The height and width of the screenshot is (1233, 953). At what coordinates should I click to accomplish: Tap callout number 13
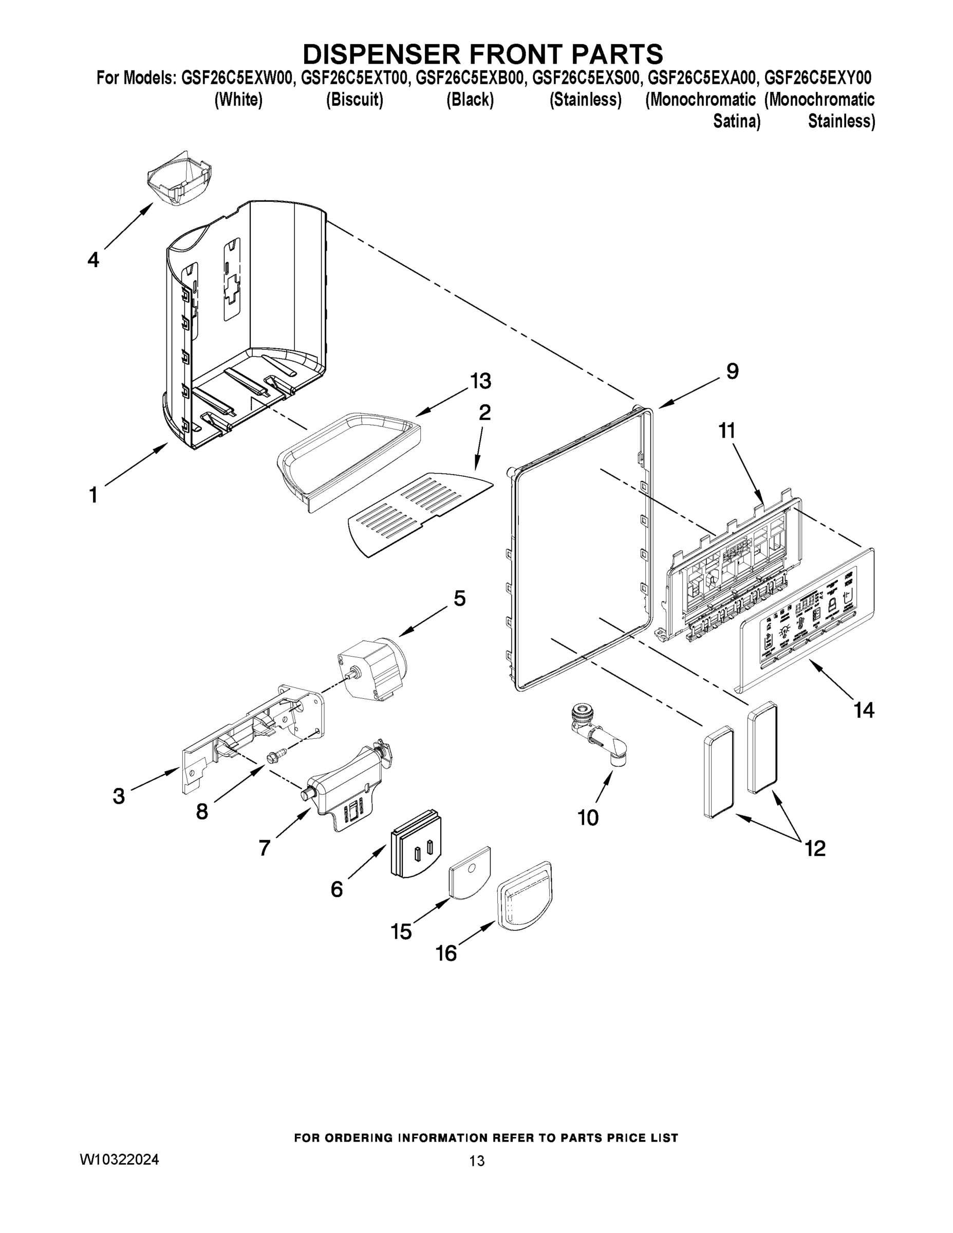pyautogui.click(x=480, y=381)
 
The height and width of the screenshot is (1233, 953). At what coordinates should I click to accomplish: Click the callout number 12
pyautogui.click(x=815, y=848)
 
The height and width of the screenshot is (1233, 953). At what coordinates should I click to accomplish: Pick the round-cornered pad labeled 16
pyautogui.click(x=525, y=897)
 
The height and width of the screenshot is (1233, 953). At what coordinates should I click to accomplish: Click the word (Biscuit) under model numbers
pyautogui.click(x=354, y=100)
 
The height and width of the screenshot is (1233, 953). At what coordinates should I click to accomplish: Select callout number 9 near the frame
pyautogui.click(x=732, y=371)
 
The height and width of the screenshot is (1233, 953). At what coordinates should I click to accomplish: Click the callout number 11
pyautogui.click(x=727, y=431)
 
